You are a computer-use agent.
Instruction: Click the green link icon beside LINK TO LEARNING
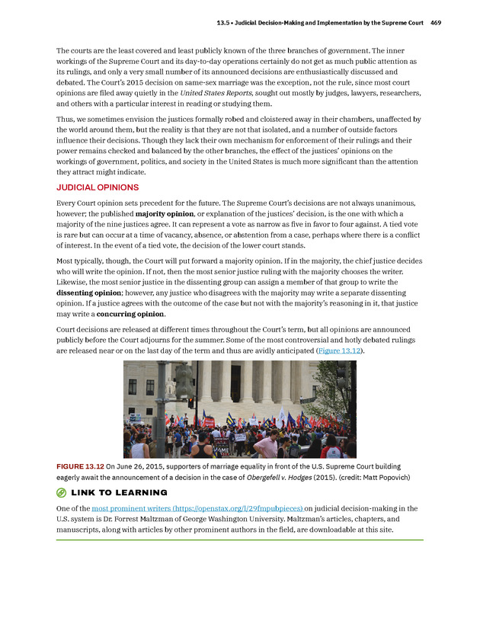tap(62, 493)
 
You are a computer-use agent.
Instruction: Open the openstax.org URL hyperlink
tap(197, 507)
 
